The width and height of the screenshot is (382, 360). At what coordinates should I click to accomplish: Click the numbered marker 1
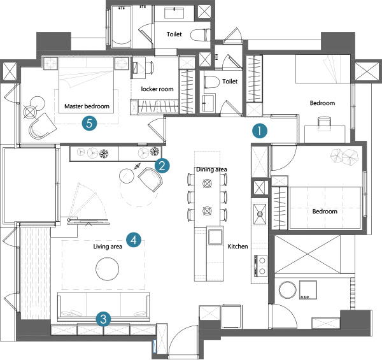click(260, 131)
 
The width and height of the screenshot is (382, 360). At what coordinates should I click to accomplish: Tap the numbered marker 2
click(162, 166)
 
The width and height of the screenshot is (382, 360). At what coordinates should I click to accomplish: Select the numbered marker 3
click(103, 319)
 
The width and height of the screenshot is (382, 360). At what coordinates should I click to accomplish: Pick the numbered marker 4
click(134, 240)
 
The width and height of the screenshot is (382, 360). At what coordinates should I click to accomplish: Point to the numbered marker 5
click(89, 123)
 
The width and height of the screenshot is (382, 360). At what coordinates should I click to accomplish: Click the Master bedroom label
click(87, 106)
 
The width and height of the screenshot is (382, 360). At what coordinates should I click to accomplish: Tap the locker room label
click(157, 89)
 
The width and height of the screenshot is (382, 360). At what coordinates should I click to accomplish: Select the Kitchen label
click(237, 247)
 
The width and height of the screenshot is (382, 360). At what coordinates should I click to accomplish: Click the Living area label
click(108, 247)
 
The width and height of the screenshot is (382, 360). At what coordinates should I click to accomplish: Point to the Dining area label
click(211, 169)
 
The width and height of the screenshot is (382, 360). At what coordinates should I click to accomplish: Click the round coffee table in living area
click(107, 269)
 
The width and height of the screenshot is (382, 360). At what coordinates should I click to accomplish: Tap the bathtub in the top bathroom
click(122, 26)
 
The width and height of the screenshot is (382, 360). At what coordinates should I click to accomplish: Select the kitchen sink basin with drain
click(260, 214)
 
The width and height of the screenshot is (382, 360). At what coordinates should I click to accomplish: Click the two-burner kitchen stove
click(261, 266)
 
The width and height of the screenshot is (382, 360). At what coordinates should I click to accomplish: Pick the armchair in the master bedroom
click(43, 126)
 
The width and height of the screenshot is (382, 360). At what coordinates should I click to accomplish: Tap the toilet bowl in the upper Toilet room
click(201, 35)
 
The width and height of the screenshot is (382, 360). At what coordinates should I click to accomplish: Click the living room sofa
click(103, 306)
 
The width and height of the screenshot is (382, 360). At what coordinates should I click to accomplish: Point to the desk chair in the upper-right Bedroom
click(325, 124)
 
